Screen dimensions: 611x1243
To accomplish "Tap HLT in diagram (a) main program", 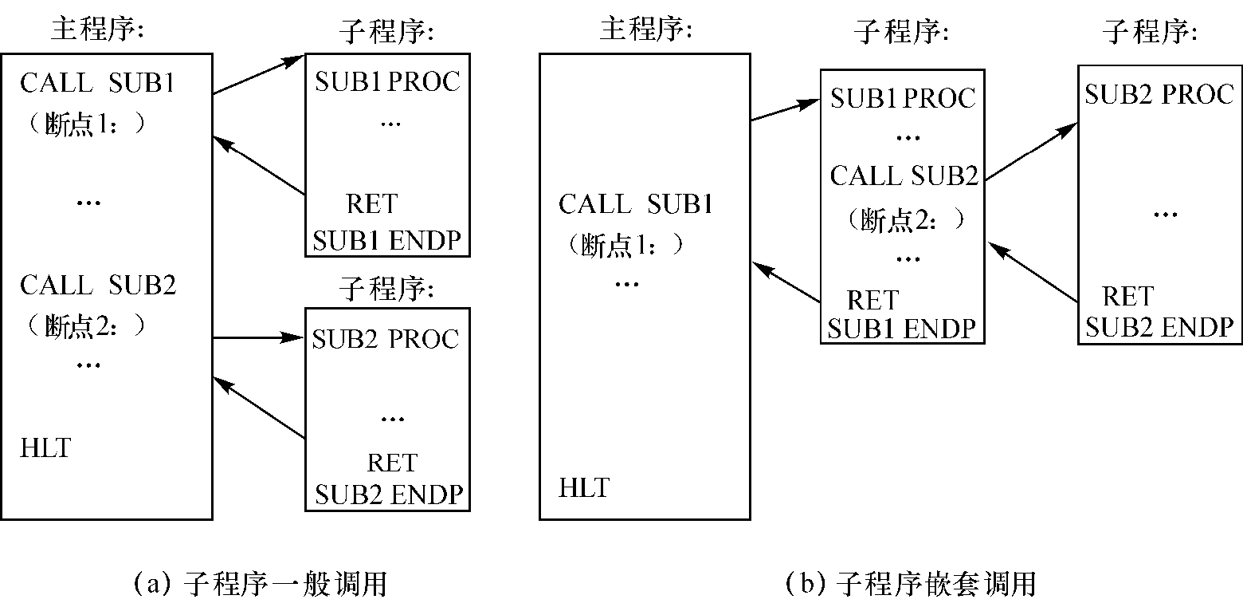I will pyautogui.click(x=45, y=448).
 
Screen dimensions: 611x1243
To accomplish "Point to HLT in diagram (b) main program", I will pyautogui.click(x=584, y=487).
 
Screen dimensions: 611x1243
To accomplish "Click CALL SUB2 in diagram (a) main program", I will pyautogui.click(x=98, y=285).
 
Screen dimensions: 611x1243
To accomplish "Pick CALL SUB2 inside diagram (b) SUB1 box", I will pyautogui.click(x=904, y=175).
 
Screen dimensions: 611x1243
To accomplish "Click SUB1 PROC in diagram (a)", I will pyautogui.click(x=387, y=81).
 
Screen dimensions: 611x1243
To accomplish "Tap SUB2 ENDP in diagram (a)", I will pyautogui.click(x=389, y=495).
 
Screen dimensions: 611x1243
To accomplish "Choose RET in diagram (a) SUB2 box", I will pyautogui.click(x=391, y=463).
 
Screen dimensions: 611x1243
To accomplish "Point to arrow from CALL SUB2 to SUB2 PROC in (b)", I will pyautogui.click(x=1032, y=152).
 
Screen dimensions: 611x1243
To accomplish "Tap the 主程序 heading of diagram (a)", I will pyautogui.click(x=96, y=30).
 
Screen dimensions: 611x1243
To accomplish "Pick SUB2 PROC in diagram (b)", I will pyautogui.click(x=1159, y=94).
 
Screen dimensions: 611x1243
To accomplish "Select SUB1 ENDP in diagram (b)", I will pyautogui.click(x=901, y=329).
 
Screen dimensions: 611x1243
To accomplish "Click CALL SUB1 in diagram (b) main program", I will pyautogui.click(x=635, y=204).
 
